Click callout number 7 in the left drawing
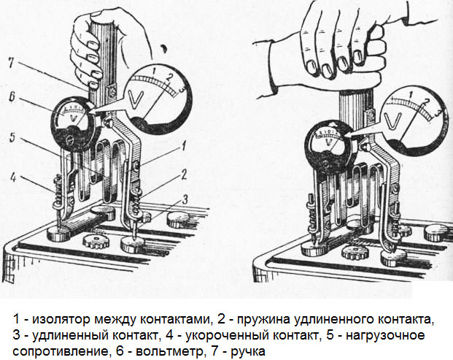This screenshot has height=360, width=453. pos(11,63)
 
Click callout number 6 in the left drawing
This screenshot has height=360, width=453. pos(12,97)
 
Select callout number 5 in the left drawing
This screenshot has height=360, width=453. pos(12,137)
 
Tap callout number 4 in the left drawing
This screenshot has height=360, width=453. pos(13,177)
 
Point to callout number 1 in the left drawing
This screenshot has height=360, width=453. pos(183,146)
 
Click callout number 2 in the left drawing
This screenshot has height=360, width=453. pos(184,175)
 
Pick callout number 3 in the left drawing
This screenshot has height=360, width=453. pos(185,199)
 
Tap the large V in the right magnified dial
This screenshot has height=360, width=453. pos(393,120)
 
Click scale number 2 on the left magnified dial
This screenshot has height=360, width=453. pos(169,77)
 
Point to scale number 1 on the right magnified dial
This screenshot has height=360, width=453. pos(411,94)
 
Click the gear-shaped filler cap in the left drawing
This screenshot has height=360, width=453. pos(96,240)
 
